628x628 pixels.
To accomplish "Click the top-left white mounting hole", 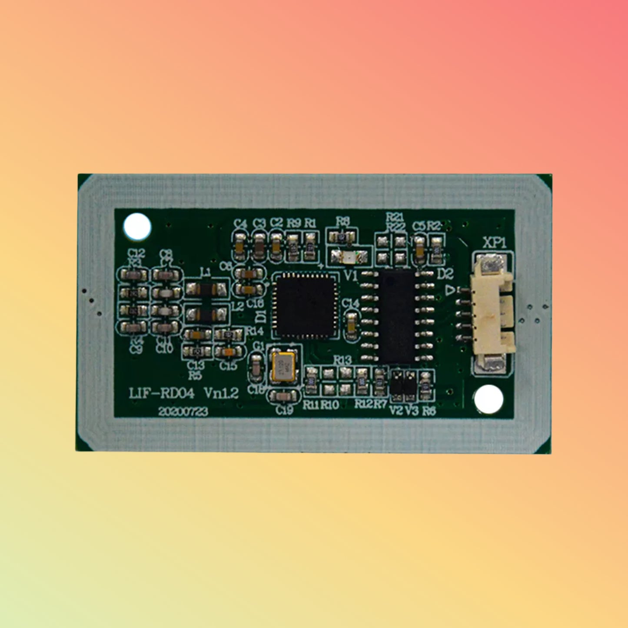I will click(x=137, y=226).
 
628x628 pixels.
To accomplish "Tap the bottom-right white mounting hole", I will click(x=488, y=399).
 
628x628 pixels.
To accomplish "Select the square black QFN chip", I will click(x=305, y=306).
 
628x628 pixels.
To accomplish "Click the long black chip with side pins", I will click(x=397, y=316).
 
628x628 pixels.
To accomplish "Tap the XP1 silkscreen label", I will click(x=495, y=243).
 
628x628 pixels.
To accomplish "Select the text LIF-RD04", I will click(x=162, y=394).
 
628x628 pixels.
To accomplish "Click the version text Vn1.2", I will click(x=221, y=393).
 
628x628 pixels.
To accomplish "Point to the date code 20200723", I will click(x=183, y=412).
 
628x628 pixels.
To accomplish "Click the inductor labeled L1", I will click(x=206, y=289).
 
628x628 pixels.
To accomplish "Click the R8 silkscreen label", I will click(x=342, y=221).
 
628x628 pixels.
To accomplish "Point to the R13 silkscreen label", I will click(x=342, y=360).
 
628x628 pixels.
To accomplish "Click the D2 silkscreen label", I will click(x=445, y=274).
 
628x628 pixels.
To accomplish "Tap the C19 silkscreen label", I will click(x=284, y=410).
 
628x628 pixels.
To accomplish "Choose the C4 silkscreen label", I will click(x=240, y=224).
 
